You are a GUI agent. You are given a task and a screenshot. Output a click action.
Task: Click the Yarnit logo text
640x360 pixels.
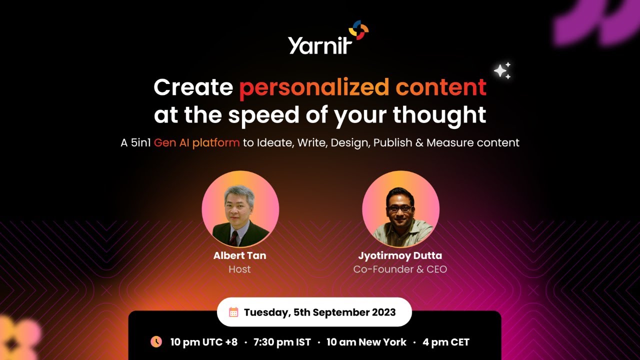click(320, 44)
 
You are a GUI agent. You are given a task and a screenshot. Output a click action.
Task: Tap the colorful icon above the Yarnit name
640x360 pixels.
click(358, 30)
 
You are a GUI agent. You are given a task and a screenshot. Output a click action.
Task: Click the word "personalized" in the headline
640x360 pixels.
click(314, 88)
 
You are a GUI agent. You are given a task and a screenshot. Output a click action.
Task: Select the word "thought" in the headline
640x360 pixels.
click(439, 115)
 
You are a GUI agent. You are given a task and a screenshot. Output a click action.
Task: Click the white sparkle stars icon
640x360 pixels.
click(502, 71)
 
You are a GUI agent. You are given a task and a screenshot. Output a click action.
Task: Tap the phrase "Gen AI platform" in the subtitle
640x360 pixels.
click(197, 142)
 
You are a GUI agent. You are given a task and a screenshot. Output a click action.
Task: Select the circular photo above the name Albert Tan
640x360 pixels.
click(240, 209)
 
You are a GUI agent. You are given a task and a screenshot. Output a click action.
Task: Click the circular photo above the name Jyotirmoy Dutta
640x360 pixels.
click(400, 209)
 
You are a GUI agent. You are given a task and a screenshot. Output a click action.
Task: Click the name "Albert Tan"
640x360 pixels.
click(239, 255)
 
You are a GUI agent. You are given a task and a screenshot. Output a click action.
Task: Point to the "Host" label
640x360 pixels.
click(239, 269)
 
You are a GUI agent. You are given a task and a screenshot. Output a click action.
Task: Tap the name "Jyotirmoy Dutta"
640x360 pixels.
click(400, 255)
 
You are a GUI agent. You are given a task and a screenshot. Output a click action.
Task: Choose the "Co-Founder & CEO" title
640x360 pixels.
click(400, 269)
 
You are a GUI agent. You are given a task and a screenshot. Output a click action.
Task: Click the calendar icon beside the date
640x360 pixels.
click(233, 312)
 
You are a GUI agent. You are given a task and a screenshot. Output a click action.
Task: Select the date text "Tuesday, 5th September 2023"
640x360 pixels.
click(319, 312)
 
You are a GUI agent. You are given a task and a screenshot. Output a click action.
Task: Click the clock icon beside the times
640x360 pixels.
click(156, 342)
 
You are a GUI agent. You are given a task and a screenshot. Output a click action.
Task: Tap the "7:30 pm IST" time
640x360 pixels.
click(282, 342)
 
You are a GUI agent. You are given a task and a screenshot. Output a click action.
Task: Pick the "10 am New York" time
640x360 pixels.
click(366, 342)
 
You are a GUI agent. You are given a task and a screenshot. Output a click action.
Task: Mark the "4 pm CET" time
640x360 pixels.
click(446, 342)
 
